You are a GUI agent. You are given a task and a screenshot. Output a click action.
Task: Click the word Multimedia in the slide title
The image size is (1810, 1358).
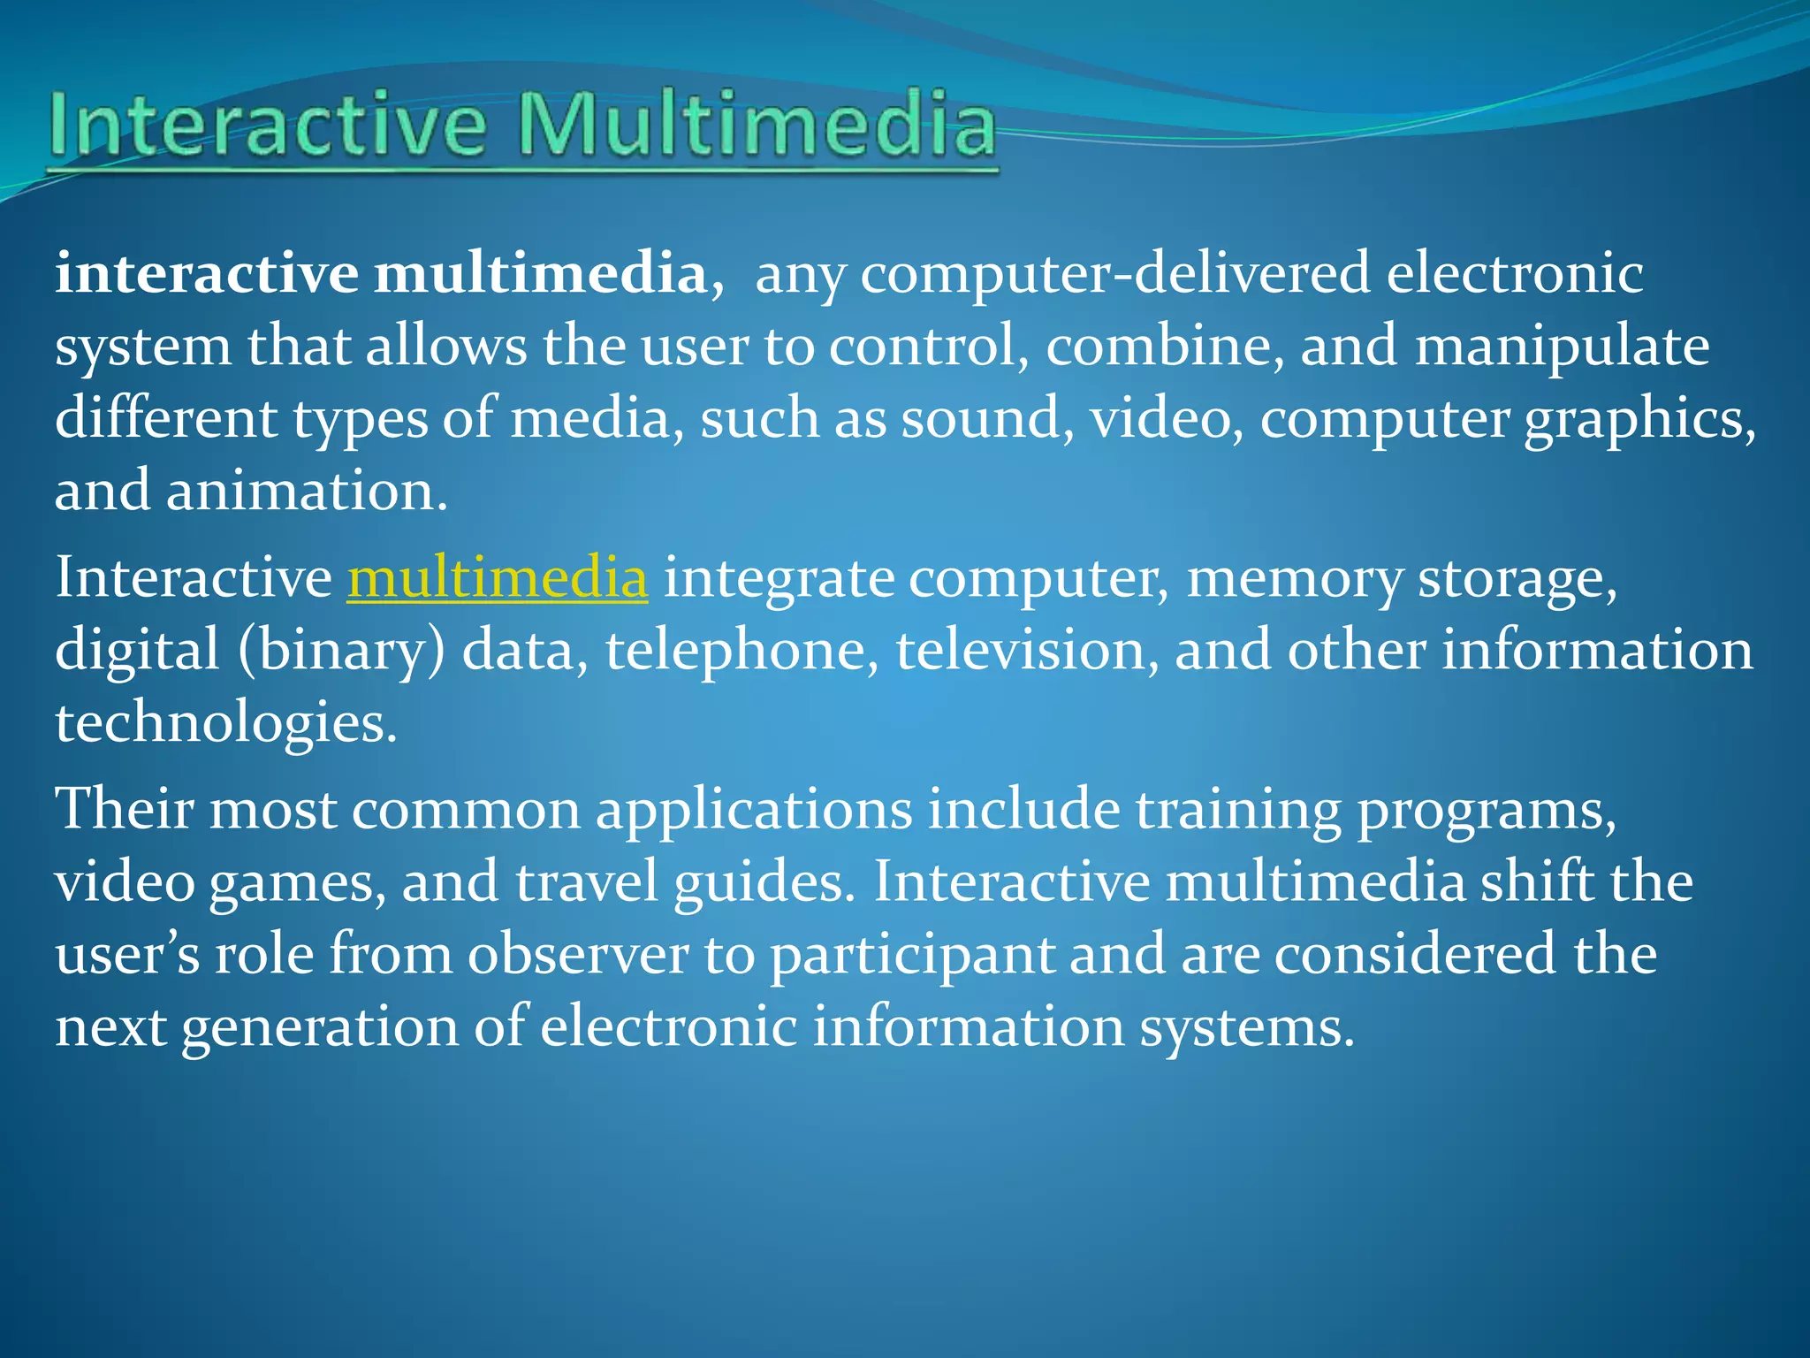pyautogui.click(x=756, y=126)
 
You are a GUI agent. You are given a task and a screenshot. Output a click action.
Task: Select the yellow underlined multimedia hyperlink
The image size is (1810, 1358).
pyautogui.click(x=497, y=578)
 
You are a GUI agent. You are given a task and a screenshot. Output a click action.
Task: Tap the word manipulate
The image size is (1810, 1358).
pyautogui.click(x=1562, y=346)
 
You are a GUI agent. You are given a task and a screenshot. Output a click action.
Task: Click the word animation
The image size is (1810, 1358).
pyautogui.click(x=307, y=491)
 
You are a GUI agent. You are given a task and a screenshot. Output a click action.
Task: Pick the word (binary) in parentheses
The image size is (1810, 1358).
pyautogui.click(x=341, y=652)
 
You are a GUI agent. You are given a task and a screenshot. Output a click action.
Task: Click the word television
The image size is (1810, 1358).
pyautogui.click(x=1026, y=651)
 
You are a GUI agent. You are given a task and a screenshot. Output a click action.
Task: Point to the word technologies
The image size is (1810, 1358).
pyautogui.click(x=225, y=724)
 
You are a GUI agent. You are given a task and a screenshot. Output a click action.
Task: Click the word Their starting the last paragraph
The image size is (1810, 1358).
pyautogui.click(x=124, y=809)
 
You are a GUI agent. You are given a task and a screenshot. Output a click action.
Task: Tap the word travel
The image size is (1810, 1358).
pyautogui.click(x=586, y=882)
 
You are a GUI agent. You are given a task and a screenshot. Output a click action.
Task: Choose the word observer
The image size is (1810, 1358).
pyautogui.click(x=578, y=955)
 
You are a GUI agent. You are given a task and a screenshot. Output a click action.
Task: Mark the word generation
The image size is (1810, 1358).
pyautogui.click(x=319, y=1029)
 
